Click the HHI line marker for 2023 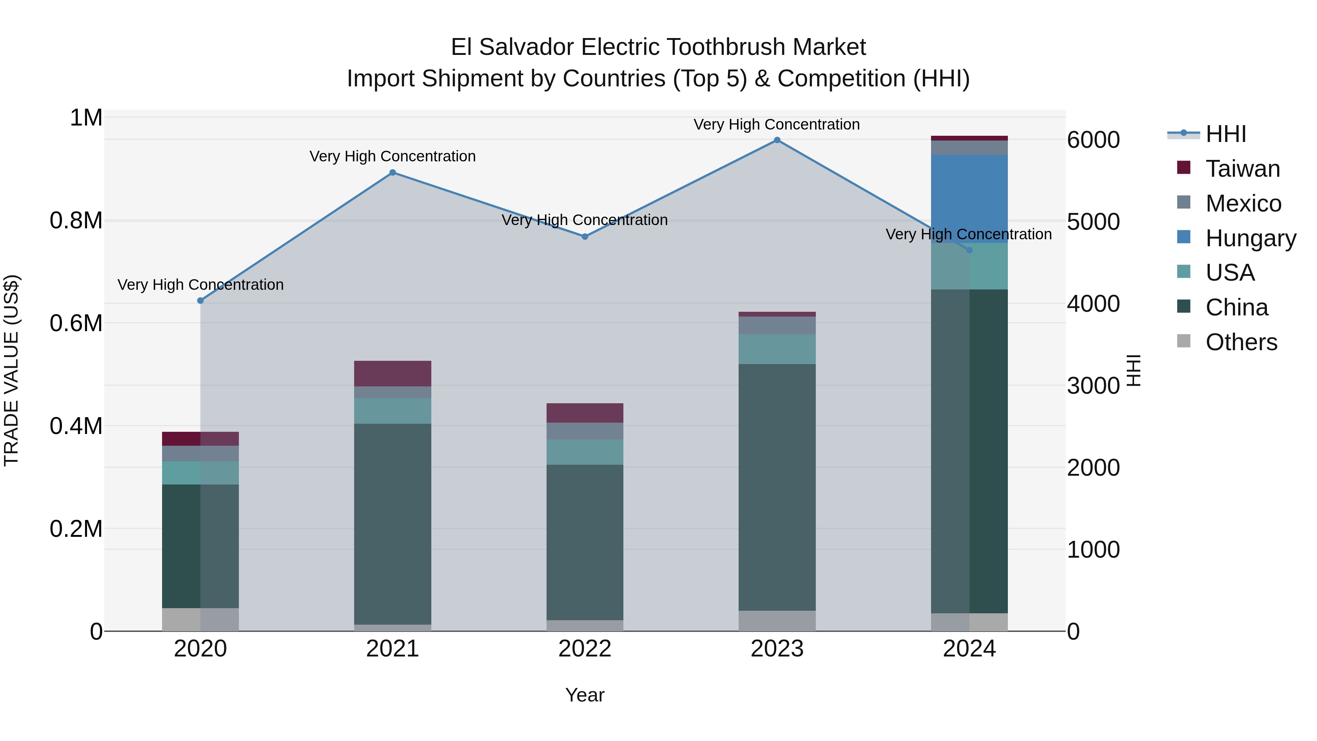click(x=777, y=140)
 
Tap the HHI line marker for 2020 click(x=200, y=301)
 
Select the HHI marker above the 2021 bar click(x=393, y=173)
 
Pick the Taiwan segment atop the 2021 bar click(x=393, y=373)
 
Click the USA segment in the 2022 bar click(x=585, y=452)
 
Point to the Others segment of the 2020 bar click(x=200, y=619)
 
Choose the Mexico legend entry click(x=1243, y=203)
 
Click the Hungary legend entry click(x=1250, y=238)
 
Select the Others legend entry click(x=1241, y=342)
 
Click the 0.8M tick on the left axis click(x=76, y=221)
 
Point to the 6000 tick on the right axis click(x=1093, y=140)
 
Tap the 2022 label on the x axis click(x=585, y=649)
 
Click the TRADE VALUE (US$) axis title click(x=11, y=370)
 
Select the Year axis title click(x=585, y=695)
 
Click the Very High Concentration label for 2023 click(x=777, y=124)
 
